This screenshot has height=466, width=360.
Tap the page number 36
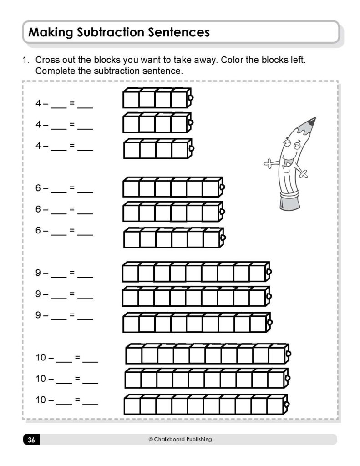point(31,440)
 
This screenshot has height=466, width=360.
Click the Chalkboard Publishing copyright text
point(180,439)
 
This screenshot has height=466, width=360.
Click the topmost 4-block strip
point(157,98)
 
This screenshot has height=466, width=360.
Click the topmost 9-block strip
point(196,272)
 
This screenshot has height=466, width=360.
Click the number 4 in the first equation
point(38,103)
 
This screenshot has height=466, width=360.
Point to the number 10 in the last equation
point(41,400)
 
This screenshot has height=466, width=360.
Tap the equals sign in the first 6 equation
point(71,188)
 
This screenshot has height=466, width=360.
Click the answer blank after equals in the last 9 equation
point(85,318)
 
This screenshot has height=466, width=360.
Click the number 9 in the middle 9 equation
point(38,294)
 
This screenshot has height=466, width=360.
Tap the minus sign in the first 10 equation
point(51,358)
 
